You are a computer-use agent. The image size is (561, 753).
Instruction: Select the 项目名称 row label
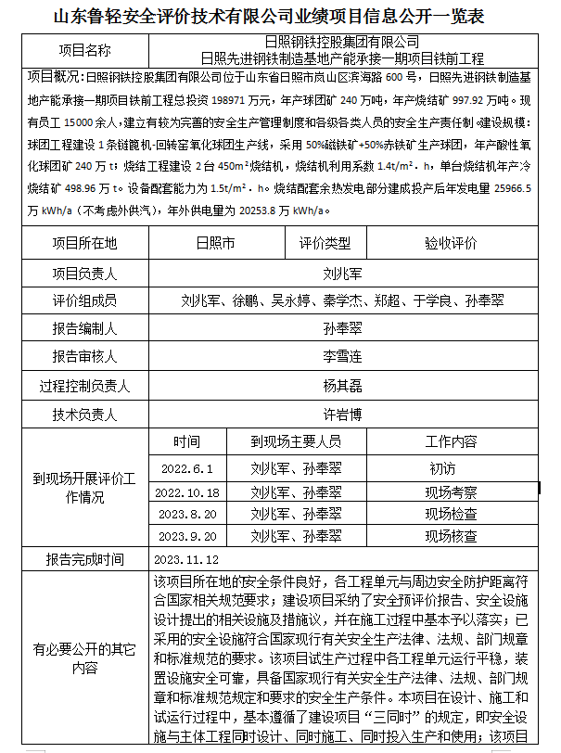(84, 50)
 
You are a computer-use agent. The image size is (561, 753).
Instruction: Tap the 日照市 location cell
(215, 244)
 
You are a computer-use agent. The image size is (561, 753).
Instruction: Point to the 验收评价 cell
(451, 244)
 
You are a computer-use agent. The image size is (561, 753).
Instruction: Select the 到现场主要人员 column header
(296, 441)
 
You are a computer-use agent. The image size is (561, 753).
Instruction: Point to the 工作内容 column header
(451, 441)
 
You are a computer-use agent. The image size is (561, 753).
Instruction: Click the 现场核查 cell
(451, 536)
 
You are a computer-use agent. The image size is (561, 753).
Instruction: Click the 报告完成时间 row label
(84, 560)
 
